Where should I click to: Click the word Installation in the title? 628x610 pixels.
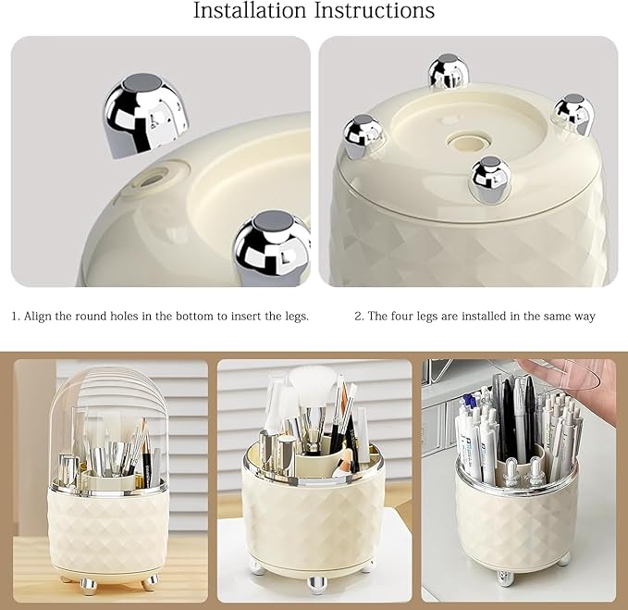pos(250,10)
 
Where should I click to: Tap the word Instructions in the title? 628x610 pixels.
pos(375,10)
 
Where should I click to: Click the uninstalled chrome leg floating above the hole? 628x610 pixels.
pos(146,116)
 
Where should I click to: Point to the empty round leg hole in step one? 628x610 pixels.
pos(154,178)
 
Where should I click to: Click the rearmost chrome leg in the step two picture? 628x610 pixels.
pos(449,71)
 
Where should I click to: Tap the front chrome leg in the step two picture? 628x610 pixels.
pos(490,178)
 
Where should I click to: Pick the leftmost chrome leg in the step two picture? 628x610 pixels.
pos(363,135)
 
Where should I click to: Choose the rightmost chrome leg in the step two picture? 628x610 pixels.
pos(574,114)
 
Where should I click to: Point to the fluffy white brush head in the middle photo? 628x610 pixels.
pos(314,383)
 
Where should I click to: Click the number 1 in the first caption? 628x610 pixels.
pos(15,317)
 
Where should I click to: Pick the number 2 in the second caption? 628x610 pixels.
pos(359,317)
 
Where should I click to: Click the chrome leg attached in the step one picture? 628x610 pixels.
pos(272,248)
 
